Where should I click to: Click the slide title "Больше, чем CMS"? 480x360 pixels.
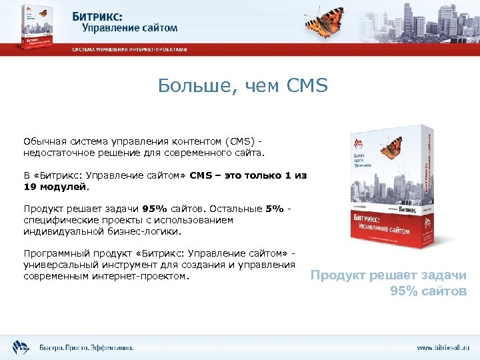click(243, 86)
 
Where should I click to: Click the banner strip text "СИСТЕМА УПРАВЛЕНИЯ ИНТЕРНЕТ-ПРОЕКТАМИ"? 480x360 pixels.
click(130, 49)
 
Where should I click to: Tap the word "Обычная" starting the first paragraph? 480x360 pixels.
click(42, 141)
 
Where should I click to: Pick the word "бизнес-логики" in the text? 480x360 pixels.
click(156, 231)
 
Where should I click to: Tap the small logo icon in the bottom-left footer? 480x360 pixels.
click(19, 346)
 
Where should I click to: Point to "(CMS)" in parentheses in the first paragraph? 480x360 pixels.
click(236, 141)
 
